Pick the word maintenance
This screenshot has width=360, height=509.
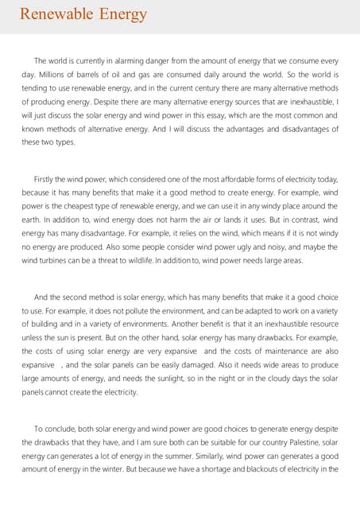[x=275, y=351]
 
